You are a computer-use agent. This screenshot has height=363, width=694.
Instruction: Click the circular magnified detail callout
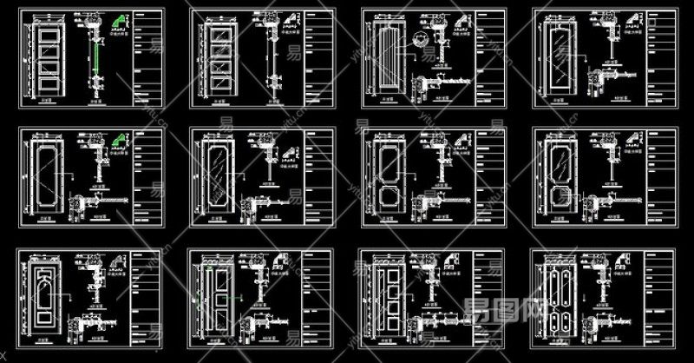(x=421, y=39)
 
